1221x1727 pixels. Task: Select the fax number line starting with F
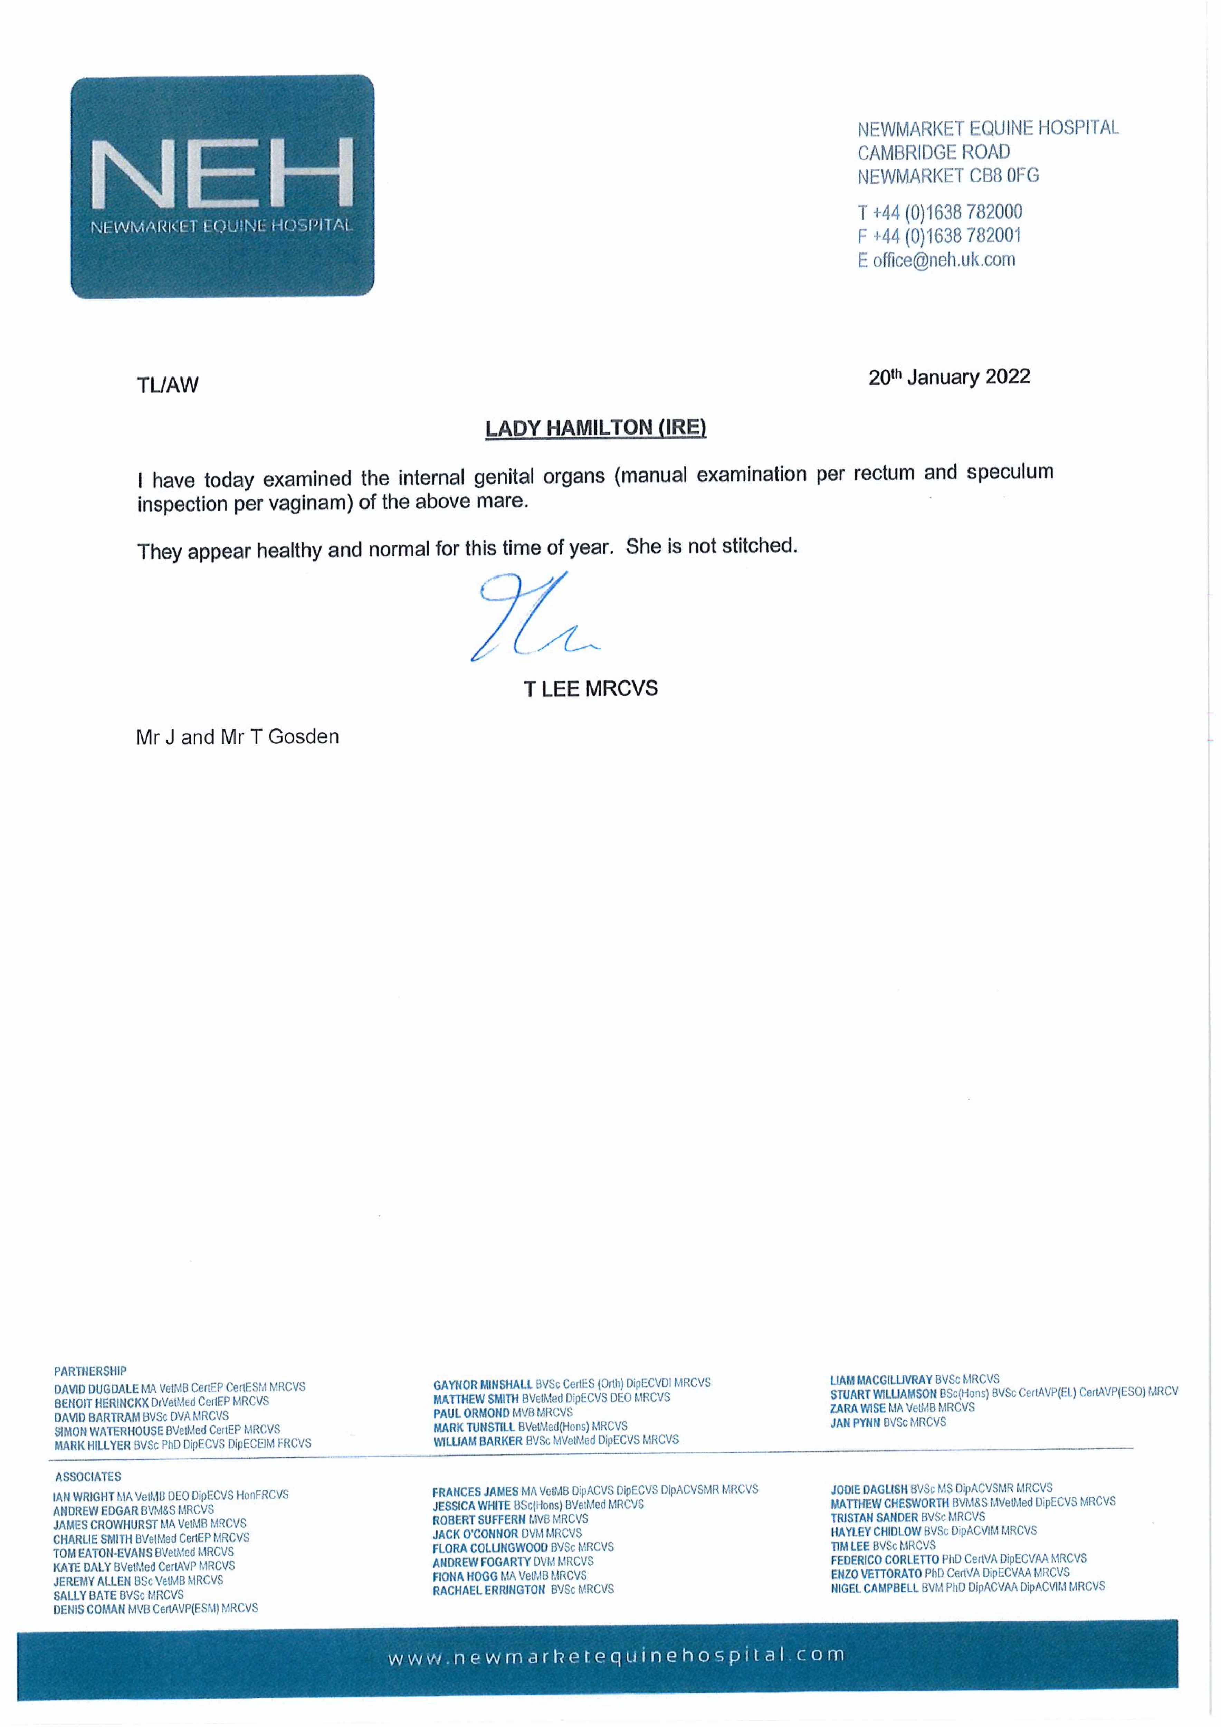tap(939, 236)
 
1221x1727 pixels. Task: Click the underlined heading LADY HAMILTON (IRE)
tap(595, 428)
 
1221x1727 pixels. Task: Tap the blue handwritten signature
tap(530, 617)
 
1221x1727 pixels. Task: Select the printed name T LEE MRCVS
tap(591, 689)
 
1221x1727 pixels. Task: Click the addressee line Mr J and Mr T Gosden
tap(237, 737)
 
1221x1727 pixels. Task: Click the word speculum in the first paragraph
tap(1010, 473)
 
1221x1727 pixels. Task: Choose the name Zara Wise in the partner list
tap(858, 1407)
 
